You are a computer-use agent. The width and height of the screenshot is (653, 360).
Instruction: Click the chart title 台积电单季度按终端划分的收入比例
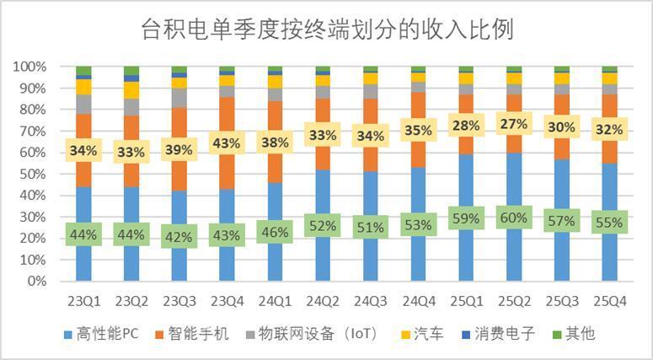tap(326, 30)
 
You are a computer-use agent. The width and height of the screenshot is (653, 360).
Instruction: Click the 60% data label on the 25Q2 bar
tap(514, 218)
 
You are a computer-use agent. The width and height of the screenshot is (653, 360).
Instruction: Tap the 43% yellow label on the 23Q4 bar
tap(227, 144)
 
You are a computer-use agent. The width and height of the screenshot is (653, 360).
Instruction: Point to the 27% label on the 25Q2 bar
tap(514, 125)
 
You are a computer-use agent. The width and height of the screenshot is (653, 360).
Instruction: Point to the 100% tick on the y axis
tap(29, 67)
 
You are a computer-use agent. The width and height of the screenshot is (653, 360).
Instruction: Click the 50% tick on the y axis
tap(32, 174)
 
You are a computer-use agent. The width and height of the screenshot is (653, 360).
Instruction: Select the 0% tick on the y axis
tap(36, 282)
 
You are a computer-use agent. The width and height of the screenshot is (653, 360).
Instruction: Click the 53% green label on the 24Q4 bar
tap(418, 225)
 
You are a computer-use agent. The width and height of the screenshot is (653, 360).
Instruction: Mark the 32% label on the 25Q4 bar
tap(609, 130)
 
